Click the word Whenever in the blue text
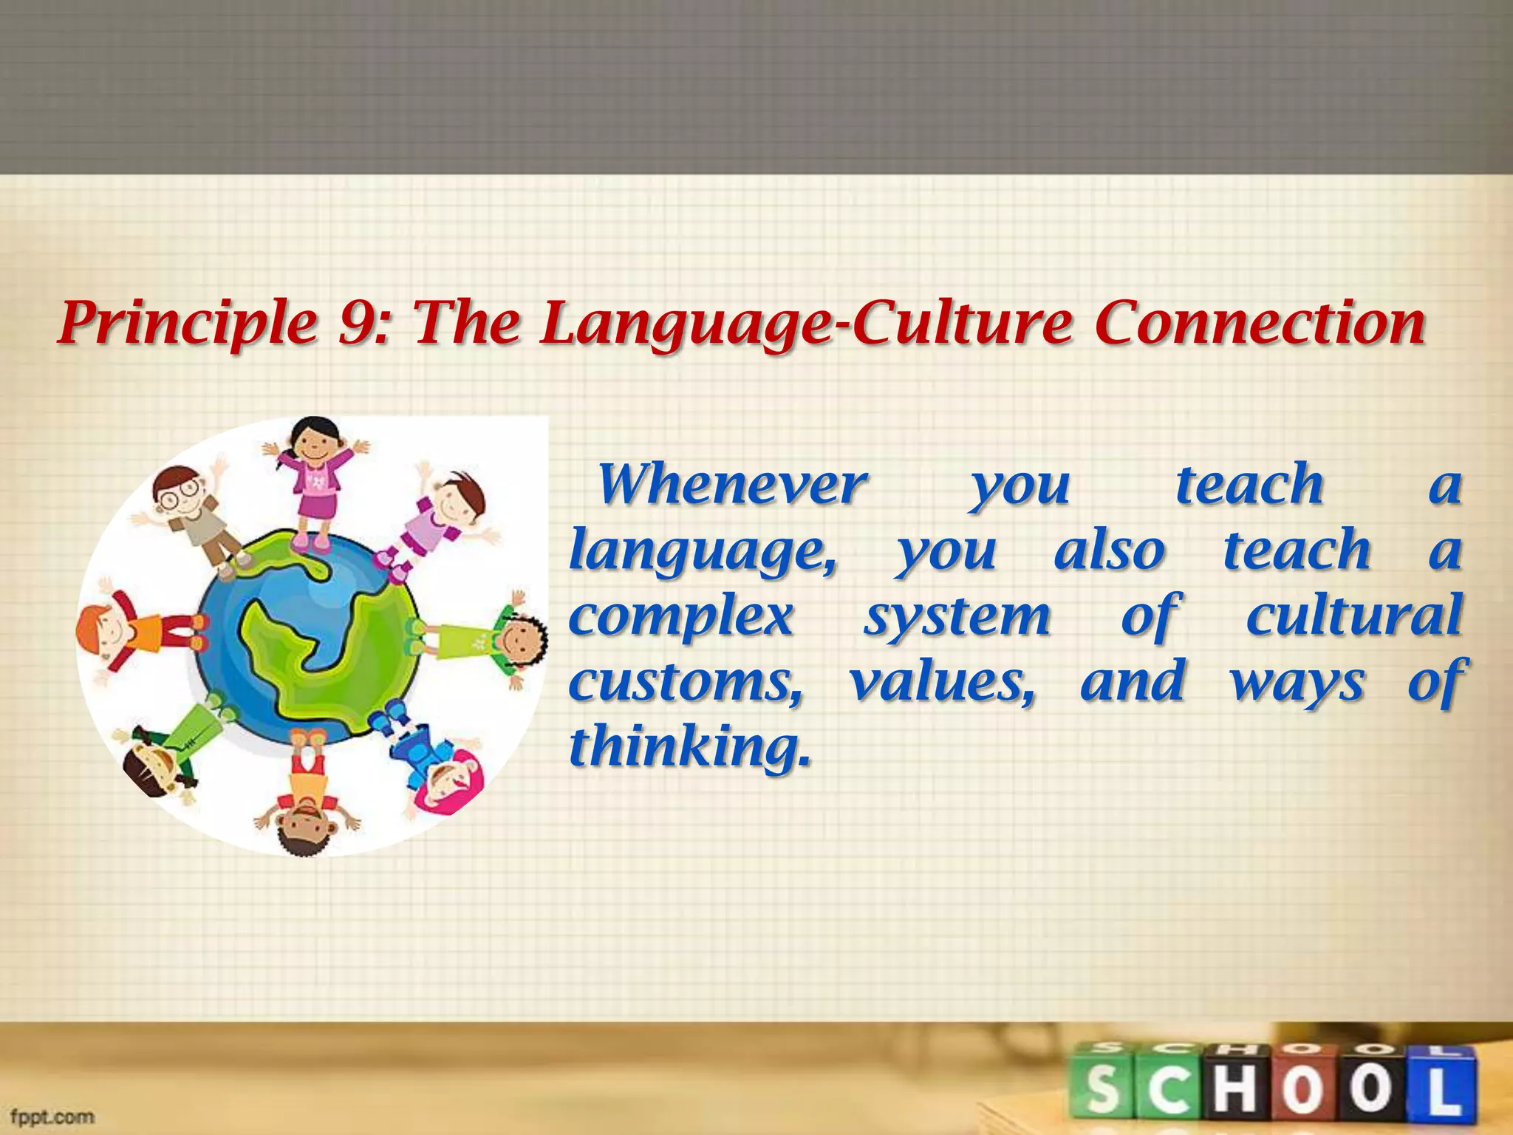(x=731, y=485)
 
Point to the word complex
(x=681, y=618)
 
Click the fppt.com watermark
(x=52, y=1116)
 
